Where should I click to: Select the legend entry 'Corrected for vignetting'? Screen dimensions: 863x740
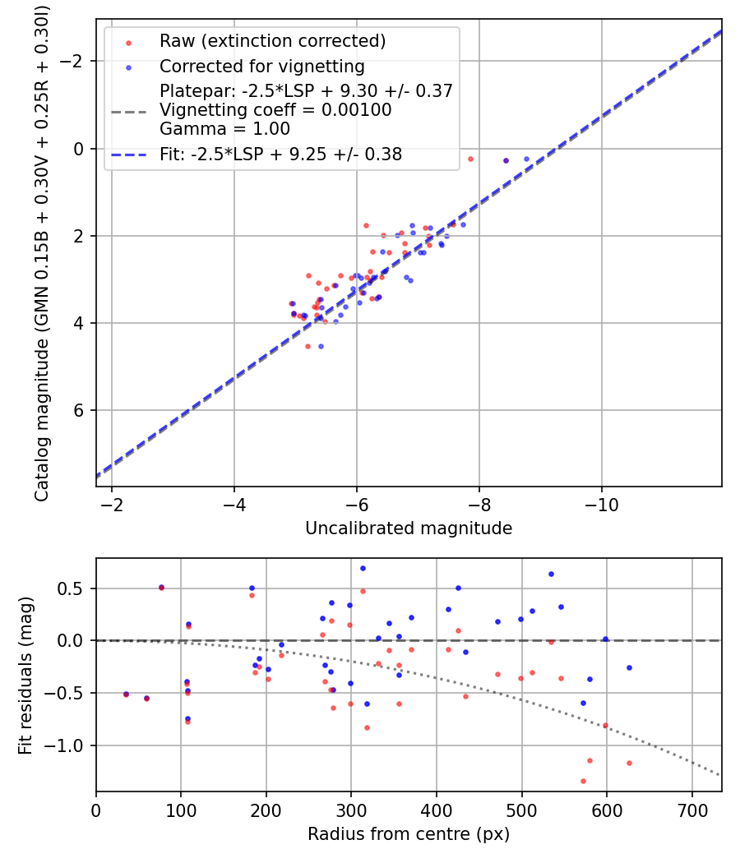pos(261,67)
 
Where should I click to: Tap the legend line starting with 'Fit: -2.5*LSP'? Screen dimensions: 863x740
pos(281,154)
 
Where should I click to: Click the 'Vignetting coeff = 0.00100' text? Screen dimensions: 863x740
pos(275,110)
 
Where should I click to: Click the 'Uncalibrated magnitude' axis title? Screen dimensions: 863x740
pos(409,528)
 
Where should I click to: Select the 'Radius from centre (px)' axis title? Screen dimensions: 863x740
pos(409,834)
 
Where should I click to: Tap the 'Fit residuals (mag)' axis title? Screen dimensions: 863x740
pos(25,675)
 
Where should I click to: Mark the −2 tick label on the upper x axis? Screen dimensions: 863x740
pos(112,503)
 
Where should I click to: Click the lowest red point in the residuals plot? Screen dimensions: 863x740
pos(583,781)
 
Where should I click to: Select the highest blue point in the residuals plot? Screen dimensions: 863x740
pos(363,568)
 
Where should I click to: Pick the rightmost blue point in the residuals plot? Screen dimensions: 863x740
pos(629,667)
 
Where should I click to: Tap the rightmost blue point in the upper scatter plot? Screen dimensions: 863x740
pos(526,159)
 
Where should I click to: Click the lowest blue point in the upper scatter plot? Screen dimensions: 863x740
pos(321,346)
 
